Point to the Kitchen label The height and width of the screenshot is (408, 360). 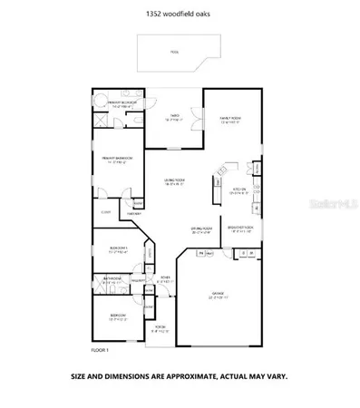[238, 191]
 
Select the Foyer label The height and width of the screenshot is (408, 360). [164, 279]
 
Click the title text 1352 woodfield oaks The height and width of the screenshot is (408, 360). [180, 14]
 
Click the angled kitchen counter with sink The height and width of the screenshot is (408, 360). [218, 187]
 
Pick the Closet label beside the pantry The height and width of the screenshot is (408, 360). [105, 212]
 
